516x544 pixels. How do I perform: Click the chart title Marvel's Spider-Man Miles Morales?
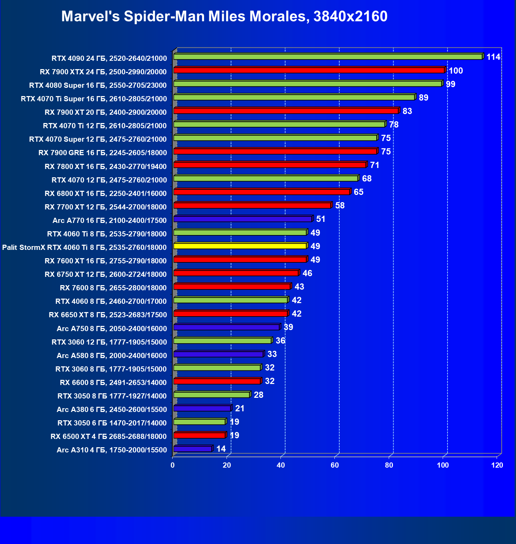point(224,17)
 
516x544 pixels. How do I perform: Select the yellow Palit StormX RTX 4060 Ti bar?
point(240,246)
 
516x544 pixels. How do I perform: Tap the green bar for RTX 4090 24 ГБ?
point(328,57)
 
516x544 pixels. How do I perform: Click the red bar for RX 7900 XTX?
point(309,71)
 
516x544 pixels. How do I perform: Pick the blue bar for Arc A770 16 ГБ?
point(242,219)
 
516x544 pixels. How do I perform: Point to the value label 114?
point(493,57)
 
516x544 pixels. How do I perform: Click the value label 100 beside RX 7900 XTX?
point(455,71)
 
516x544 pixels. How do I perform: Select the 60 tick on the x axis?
point(335,465)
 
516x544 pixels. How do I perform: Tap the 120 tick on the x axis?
point(497,465)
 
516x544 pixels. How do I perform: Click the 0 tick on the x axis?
point(173,465)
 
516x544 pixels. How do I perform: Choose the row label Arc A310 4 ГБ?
point(112,450)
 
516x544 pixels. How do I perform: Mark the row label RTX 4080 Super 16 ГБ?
point(98,85)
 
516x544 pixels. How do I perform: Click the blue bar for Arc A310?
point(193,449)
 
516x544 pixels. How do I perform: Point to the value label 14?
point(221,449)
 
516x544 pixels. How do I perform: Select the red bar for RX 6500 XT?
point(200,435)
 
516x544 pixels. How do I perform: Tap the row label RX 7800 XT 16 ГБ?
point(105,167)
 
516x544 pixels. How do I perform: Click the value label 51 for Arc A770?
point(321,219)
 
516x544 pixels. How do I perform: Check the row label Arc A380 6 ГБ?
point(112,410)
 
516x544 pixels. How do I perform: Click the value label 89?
point(423,98)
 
